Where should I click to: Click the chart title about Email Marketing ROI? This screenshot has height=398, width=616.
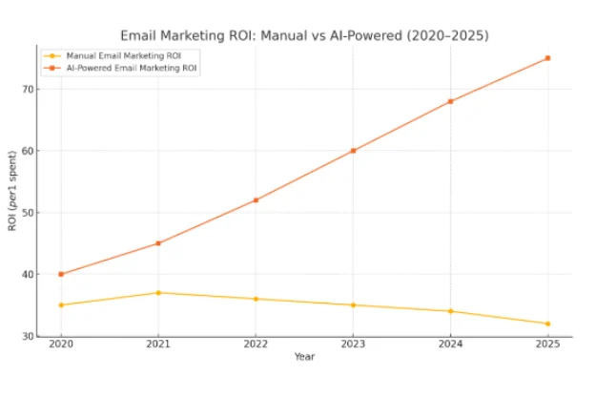304,35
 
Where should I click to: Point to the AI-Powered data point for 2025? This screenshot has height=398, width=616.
547,58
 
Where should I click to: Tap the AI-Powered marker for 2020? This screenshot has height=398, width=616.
61,274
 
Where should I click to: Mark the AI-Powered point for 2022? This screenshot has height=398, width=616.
256,199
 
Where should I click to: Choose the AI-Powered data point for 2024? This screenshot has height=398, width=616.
450,101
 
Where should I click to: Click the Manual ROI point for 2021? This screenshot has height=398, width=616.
158,293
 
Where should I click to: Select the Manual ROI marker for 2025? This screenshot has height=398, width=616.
547,324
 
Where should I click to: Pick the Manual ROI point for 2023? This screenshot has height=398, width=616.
353,305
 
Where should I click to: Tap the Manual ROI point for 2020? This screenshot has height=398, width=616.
61,305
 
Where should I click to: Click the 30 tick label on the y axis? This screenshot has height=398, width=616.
28,336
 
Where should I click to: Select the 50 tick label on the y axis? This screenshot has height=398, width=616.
28,213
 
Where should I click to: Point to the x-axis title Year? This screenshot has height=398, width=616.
304,357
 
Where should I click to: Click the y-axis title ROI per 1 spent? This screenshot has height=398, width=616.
12,191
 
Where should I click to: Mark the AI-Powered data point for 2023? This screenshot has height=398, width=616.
353,151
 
